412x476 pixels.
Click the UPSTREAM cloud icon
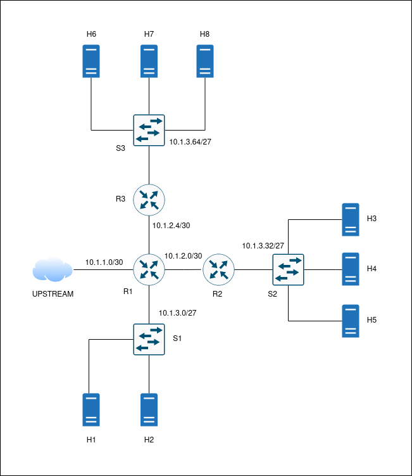53,270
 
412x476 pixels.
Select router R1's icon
149,270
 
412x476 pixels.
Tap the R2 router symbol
218,270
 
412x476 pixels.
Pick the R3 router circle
149,199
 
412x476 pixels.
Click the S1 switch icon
149,339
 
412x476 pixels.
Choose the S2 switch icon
288,270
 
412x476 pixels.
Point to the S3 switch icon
149,130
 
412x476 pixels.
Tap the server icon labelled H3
351,219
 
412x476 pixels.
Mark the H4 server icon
351,269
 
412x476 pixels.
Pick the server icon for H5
351,321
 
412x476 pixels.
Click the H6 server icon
91,61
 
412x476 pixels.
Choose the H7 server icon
149,61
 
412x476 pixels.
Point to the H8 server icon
204,61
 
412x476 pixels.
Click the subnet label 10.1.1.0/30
104,262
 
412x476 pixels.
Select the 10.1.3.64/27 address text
190,142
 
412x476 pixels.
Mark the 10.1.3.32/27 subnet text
263,245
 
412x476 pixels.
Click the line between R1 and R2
184,270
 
